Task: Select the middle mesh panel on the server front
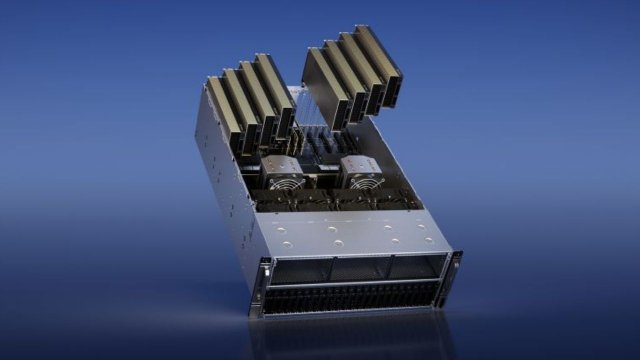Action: [x=358, y=266]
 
